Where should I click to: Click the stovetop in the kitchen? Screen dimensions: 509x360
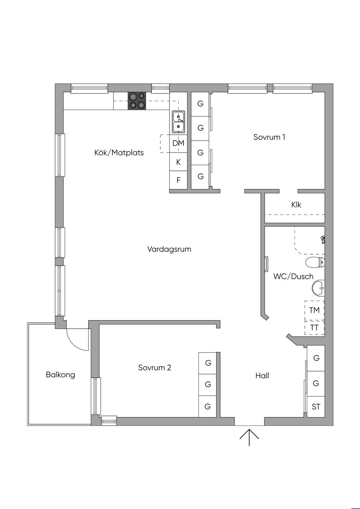click(137, 101)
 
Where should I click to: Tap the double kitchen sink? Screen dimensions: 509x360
click(178, 122)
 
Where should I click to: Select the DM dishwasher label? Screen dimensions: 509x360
click(179, 143)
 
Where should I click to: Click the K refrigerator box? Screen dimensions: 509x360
click(179, 162)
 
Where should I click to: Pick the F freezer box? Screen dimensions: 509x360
click(179, 180)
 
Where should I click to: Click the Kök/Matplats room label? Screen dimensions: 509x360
click(119, 153)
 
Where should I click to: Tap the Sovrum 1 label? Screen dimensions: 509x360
click(269, 137)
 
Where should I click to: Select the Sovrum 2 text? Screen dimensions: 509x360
click(154, 368)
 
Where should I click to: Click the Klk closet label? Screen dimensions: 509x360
click(296, 205)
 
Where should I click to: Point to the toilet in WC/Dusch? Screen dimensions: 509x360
click(315, 262)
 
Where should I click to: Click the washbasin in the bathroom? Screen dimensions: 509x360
click(318, 287)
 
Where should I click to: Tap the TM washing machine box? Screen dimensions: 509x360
click(314, 310)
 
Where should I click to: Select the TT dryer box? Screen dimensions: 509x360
click(314, 328)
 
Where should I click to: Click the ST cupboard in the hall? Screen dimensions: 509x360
click(316, 407)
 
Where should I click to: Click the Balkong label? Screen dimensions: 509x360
click(60, 375)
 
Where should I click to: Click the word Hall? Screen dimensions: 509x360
click(262, 376)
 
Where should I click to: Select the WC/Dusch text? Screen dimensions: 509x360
click(293, 277)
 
